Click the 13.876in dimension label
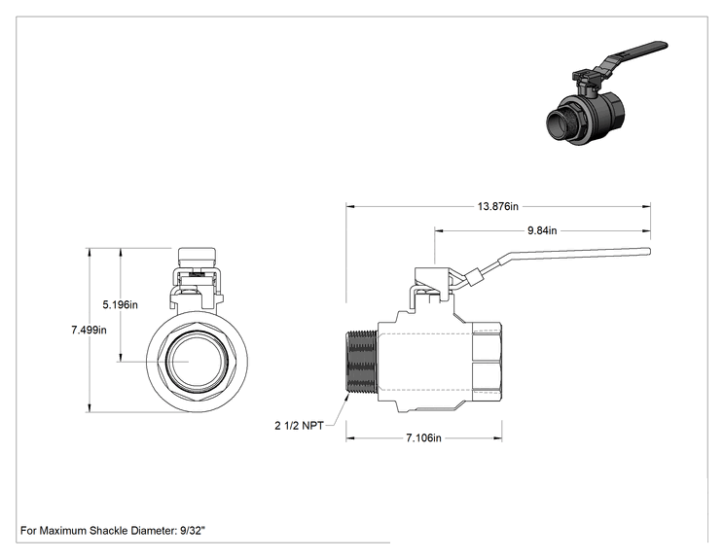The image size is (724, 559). click(x=498, y=206)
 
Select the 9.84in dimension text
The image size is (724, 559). click(x=542, y=230)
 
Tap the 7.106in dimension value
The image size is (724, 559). click(x=423, y=437)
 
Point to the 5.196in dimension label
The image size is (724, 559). click(x=120, y=305)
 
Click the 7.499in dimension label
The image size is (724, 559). click(x=89, y=330)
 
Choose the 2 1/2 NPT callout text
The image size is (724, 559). click(x=299, y=426)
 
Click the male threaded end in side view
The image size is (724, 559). click(x=362, y=362)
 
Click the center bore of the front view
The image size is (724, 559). click(x=198, y=361)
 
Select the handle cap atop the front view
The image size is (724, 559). click(x=198, y=255)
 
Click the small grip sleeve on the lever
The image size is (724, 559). click(x=474, y=278)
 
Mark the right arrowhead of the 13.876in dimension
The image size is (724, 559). click(x=647, y=207)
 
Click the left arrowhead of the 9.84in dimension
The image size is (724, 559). click(x=438, y=230)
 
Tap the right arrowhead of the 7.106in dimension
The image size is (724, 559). click(x=498, y=438)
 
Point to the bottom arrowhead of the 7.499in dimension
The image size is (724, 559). click(x=89, y=408)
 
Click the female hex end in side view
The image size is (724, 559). click(x=488, y=362)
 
